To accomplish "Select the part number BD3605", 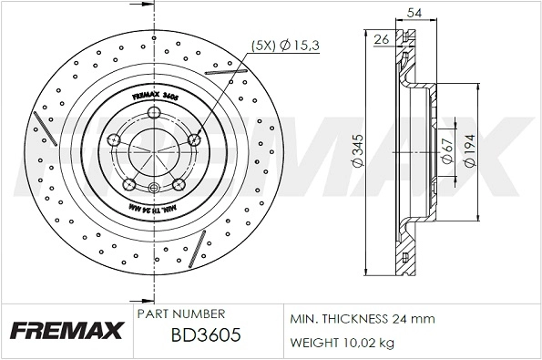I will tap(206, 334).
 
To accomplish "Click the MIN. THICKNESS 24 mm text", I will tap(363, 320).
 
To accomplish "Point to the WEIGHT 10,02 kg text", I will tap(343, 343).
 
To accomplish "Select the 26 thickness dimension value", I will tap(382, 37).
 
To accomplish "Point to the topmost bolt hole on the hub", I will tap(156, 112).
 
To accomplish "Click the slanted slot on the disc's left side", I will tap(42, 126).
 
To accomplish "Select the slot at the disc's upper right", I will tap(226, 61).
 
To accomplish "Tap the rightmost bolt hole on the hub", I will tap(195, 140).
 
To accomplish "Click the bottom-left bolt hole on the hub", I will tap(129, 182).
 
